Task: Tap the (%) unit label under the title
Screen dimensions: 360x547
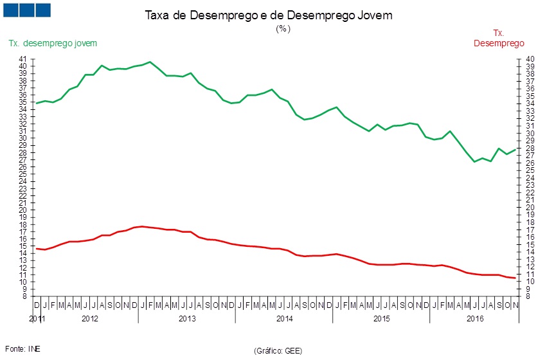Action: pyautogui.click(x=283, y=29)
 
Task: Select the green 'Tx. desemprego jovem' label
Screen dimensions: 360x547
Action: pyautogui.click(x=53, y=43)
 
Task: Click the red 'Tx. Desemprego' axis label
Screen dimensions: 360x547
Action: pyautogui.click(x=499, y=39)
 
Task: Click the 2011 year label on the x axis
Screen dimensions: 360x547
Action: pyautogui.click(x=37, y=319)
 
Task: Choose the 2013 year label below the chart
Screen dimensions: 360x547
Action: pyautogui.click(x=187, y=319)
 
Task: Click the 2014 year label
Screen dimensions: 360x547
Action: pyautogui.click(x=285, y=319)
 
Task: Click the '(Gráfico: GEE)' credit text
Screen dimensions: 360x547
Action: pyautogui.click(x=278, y=350)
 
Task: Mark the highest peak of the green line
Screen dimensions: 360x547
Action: pyautogui.click(x=150, y=62)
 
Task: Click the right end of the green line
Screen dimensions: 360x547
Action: pyautogui.click(x=516, y=149)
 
